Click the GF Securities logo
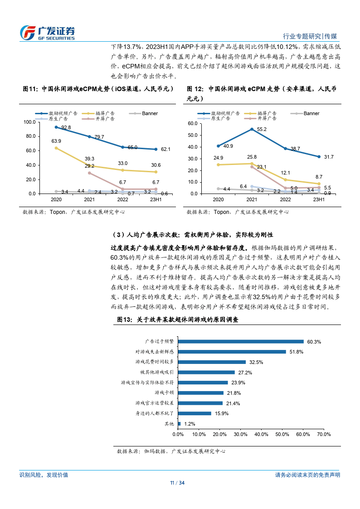48,32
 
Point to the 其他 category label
169,424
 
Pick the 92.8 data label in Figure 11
66,128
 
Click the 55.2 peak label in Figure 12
261,129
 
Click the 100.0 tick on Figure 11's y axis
29,122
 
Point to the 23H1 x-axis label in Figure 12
319,199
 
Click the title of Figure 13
177,320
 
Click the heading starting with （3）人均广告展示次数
192,235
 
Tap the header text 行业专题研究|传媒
310,36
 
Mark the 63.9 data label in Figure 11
57,141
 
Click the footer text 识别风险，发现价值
44,475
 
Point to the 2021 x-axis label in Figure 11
89,199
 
